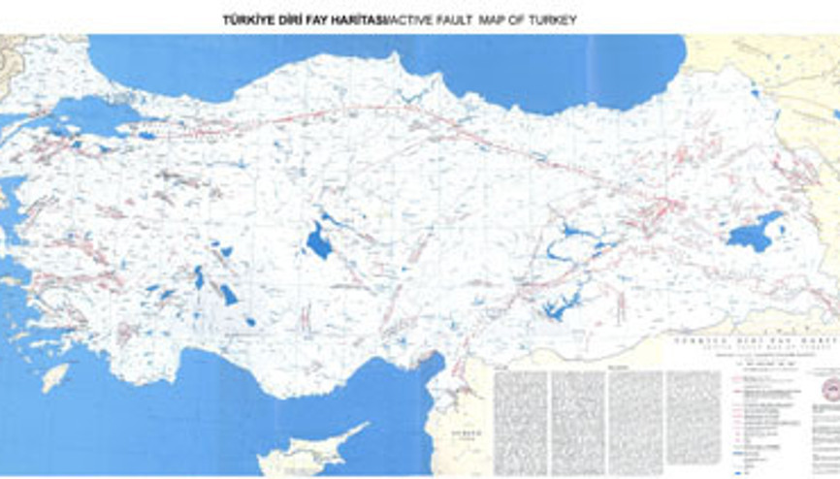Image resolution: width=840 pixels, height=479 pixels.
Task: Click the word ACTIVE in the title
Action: (412, 19)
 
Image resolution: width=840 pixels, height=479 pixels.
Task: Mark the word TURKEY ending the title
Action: (551, 19)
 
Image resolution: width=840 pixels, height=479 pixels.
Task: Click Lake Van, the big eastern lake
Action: (753, 233)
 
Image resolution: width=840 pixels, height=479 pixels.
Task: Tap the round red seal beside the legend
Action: (829, 391)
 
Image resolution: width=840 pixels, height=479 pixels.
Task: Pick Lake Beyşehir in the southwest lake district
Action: (228, 294)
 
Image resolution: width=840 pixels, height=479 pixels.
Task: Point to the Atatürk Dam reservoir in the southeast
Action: (560, 308)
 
